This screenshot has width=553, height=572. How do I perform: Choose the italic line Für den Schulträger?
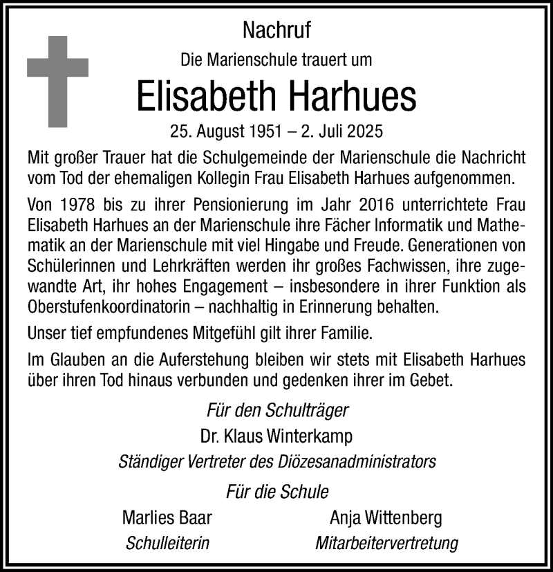click(x=278, y=410)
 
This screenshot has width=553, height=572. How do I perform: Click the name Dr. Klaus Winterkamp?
click(x=277, y=436)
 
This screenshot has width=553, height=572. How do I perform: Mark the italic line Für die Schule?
click(x=277, y=492)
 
